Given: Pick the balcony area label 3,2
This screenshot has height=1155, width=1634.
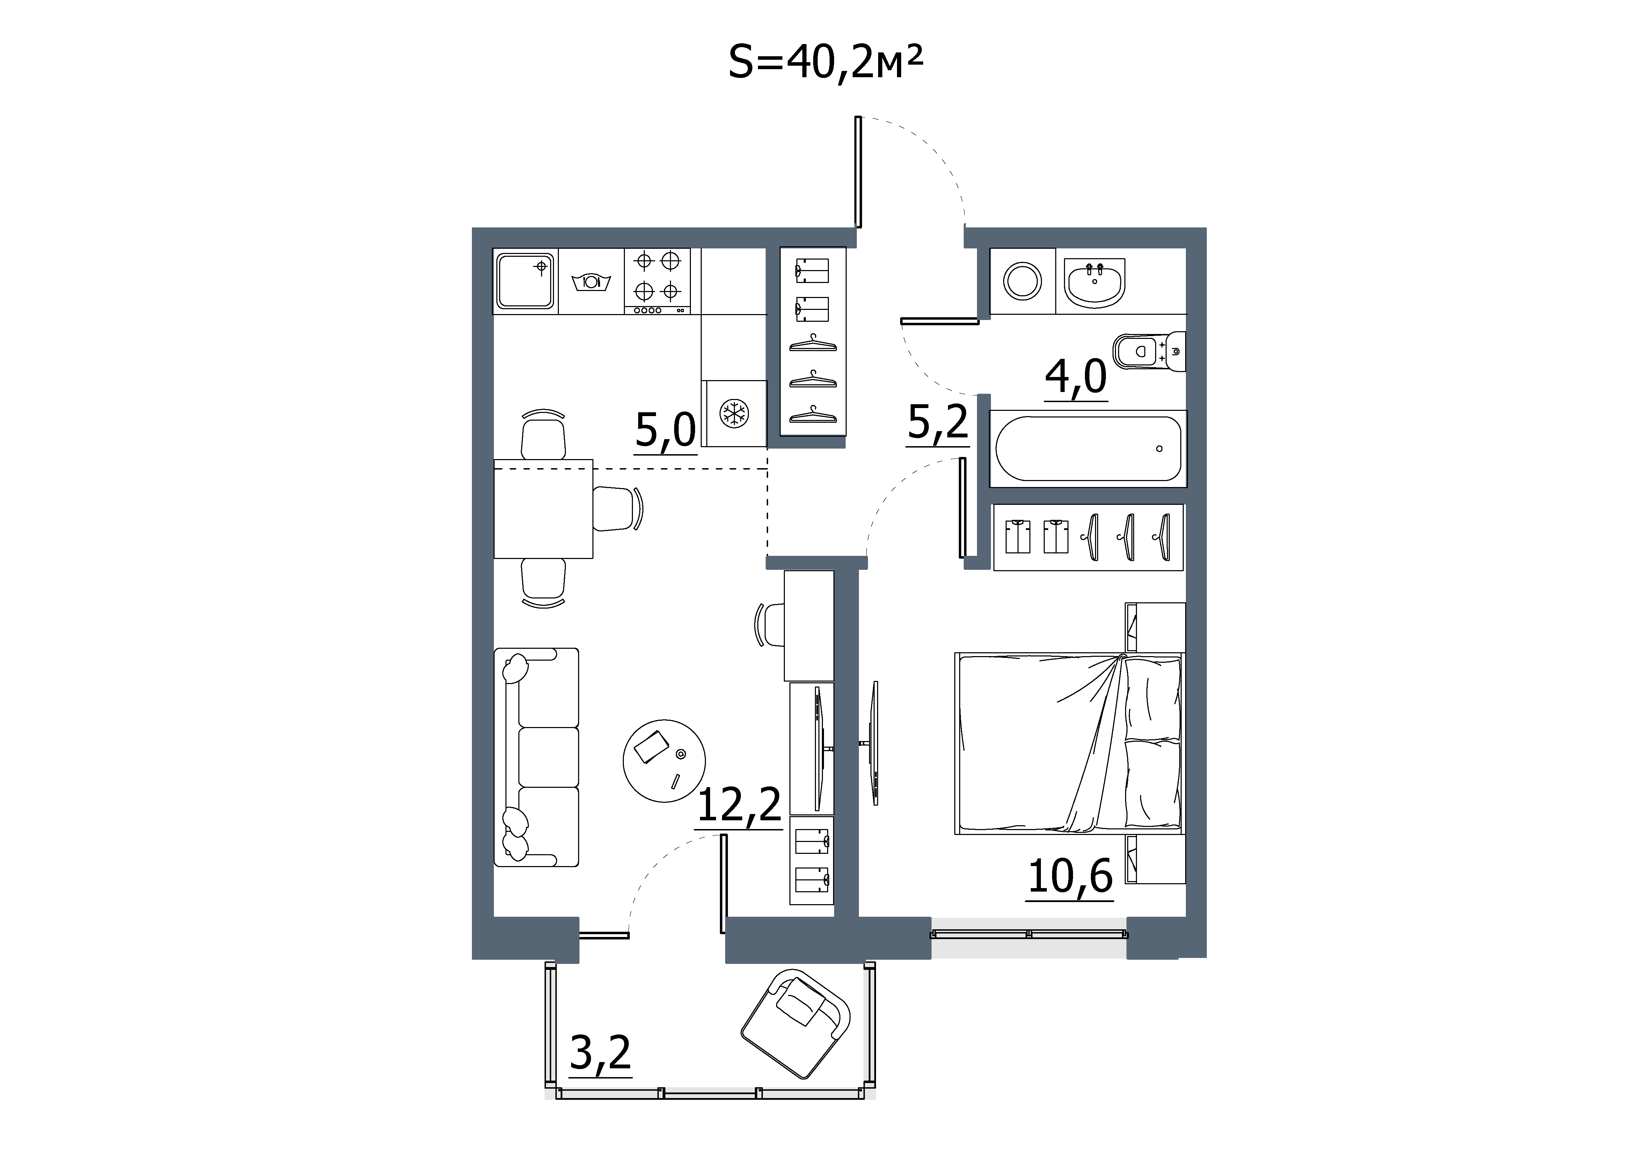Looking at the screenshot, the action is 601,1053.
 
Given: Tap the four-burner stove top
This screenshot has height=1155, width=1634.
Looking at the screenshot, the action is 658,281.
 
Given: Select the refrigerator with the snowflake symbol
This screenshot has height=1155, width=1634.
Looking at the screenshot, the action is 734,413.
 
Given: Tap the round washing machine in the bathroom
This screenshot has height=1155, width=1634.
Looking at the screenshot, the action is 1023,281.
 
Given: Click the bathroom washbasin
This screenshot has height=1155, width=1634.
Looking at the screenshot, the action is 1095,283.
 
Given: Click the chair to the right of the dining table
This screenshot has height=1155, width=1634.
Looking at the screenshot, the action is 618,508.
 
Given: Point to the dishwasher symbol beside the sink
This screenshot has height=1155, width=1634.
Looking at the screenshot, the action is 591,282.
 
